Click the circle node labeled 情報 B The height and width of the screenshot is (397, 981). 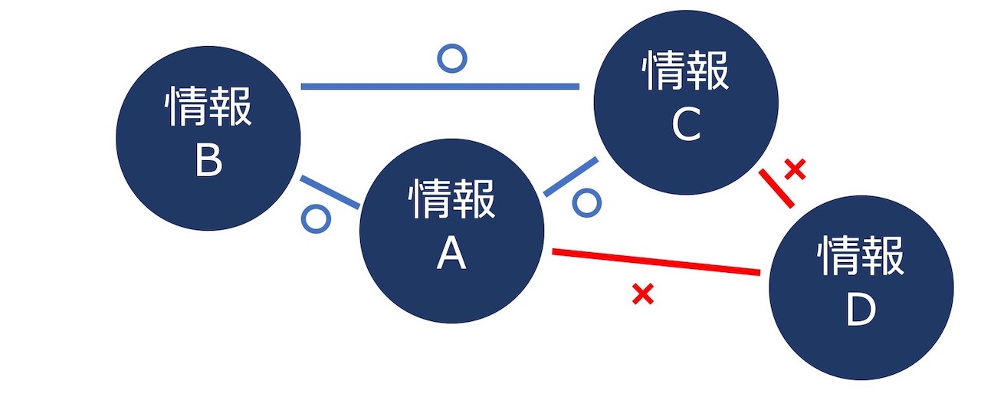click(x=208, y=138)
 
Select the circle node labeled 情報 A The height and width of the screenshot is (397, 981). click(x=452, y=229)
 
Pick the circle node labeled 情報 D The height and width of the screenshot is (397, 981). click(x=861, y=287)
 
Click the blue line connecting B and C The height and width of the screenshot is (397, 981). click(x=440, y=87)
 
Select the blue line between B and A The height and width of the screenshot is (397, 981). click(x=330, y=192)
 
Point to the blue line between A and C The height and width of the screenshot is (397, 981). click(x=571, y=177)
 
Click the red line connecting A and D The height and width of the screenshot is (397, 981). click(x=656, y=261)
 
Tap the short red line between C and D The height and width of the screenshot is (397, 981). click(x=776, y=189)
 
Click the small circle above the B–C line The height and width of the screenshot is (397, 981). click(x=451, y=58)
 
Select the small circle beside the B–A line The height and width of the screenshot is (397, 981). click(x=316, y=218)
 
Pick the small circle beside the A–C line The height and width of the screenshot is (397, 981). click(x=587, y=203)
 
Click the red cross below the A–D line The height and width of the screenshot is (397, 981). click(x=642, y=294)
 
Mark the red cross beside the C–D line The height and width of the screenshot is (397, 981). click(x=796, y=169)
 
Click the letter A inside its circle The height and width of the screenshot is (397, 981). click(x=451, y=254)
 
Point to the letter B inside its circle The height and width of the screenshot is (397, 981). click(x=208, y=162)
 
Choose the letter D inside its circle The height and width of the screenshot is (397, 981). click(x=861, y=312)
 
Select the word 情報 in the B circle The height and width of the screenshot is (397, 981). click(x=208, y=108)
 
